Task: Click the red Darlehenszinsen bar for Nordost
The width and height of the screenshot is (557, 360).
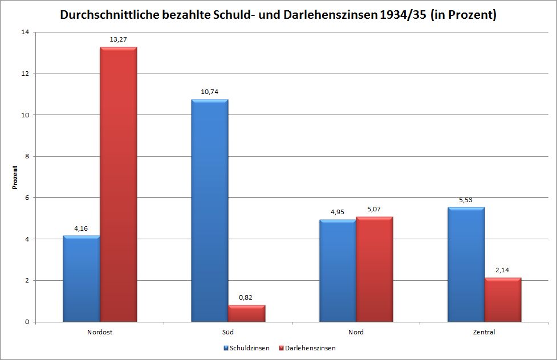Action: pyautogui.click(x=118, y=185)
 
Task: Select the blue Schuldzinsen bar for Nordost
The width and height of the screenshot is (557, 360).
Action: pyautogui.click(x=82, y=279)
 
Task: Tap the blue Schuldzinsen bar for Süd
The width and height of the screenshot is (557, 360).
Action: pyautogui.click(x=210, y=211)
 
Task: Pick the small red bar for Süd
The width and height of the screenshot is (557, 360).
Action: pyautogui.click(x=246, y=314)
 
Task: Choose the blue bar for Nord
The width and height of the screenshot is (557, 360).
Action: pyautogui.click(x=338, y=271)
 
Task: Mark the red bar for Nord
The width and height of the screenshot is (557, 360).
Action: pyautogui.click(x=374, y=269)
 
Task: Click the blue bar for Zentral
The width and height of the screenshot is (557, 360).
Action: pyautogui.click(x=466, y=265)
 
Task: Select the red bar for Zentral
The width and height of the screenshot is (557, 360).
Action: pyautogui.click(x=502, y=300)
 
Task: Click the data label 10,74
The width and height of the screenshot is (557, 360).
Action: pyautogui.click(x=210, y=92)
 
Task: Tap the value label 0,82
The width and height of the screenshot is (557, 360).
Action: pyautogui.click(x=246, y=297)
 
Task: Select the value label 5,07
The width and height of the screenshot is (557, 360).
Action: pyautogui.click(x=374, y=209)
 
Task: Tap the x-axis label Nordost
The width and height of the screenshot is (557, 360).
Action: pyautogui.click(x=100, y=332)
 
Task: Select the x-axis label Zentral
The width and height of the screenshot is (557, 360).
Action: pyautogui.click(x=484, y=332)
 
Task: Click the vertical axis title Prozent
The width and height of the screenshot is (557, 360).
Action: pyautogui.click(x=15, y=177)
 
